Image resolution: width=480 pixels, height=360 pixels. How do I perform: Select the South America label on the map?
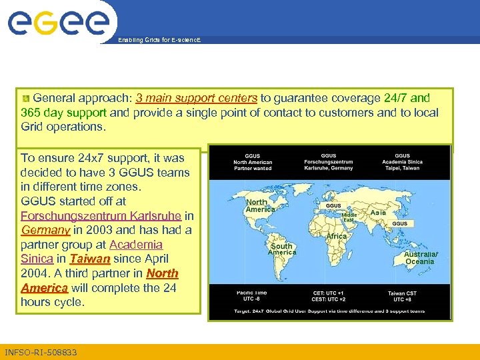pos(281,249)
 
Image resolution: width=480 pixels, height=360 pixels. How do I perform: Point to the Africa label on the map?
pos(336,237)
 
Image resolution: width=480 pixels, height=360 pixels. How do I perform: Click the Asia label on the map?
pos(378,212)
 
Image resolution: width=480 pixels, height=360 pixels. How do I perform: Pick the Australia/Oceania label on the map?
pos(420,258)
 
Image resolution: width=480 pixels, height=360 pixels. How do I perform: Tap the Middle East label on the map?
pos(349,217)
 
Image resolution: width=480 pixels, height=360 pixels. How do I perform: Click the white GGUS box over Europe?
pos(333,206)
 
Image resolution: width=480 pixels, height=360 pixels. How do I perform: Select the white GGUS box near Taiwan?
pos(400,224)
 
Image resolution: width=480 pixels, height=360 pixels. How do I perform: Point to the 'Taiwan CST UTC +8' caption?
pos(402,296)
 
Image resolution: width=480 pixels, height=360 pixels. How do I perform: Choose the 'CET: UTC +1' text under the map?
pos(329,293)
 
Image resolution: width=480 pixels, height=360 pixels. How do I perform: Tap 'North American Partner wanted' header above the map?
pos(253,162)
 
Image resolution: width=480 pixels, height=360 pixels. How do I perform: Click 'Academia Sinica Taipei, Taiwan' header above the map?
pos(402,162)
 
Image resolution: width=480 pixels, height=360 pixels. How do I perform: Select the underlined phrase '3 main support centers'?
pos(196,98)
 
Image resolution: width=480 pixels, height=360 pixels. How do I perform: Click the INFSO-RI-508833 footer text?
pos(41,352)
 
